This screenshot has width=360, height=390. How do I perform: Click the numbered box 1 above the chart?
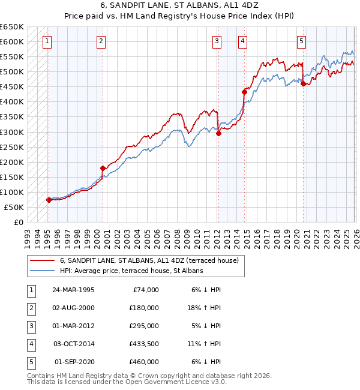coord(47,41)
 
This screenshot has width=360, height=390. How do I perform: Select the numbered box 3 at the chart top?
coord(217,41)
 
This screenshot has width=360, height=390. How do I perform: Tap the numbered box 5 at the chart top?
coord(301,41)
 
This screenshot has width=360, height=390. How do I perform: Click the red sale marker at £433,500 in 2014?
coord(244,92)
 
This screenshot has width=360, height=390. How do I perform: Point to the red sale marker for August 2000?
coord(103,168)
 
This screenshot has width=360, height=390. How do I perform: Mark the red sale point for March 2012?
coord(218,134)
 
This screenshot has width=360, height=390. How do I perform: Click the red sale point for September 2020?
coord(304,84)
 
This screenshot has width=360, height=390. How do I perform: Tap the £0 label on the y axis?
coord(18,222)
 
